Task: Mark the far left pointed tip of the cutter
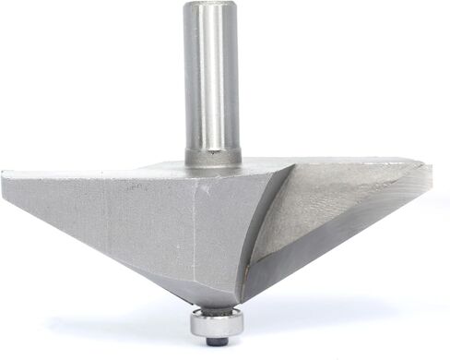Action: [5, 174]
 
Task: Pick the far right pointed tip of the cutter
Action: [429, 166]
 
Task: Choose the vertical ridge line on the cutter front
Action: [195, 231]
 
